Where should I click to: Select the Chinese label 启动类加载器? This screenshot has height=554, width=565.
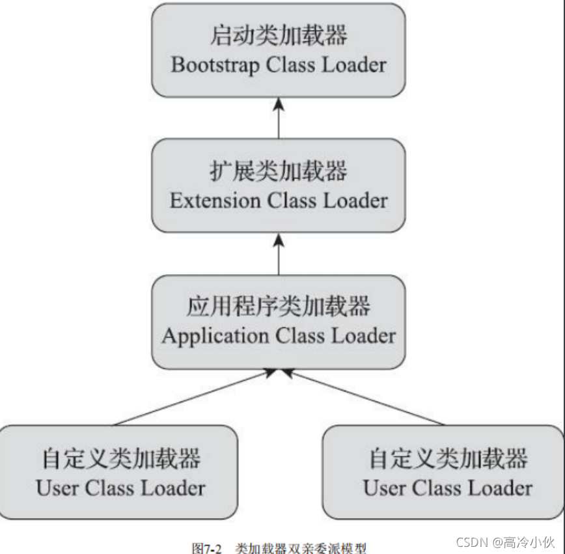[x=278, y=36]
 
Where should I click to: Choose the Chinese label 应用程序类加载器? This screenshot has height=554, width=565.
[x=278, y=307]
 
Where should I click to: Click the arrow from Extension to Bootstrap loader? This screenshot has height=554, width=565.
[x=279, y=118]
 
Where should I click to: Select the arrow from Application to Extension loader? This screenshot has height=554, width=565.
[x=279, y=254]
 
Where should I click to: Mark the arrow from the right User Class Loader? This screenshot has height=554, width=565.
[x=365, y=398]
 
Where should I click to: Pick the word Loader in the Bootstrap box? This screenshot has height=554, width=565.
[x=355, y=65]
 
